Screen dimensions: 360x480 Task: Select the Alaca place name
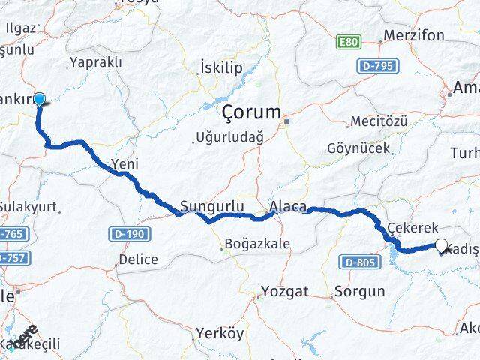(x=287, y=206)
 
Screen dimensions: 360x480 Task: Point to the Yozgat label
(x=284, y=291)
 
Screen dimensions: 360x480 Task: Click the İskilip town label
(x=221, y=68)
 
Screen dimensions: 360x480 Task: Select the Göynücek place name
(x=358, y=148)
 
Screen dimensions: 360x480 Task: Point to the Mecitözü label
(x=379, y=121)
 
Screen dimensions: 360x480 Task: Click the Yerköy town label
(x=219, y=334)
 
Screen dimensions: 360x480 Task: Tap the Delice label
(x=138, y=259)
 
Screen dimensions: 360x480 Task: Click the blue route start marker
(x=40, y=98)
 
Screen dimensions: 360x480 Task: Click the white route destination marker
(x=442, y=244)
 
